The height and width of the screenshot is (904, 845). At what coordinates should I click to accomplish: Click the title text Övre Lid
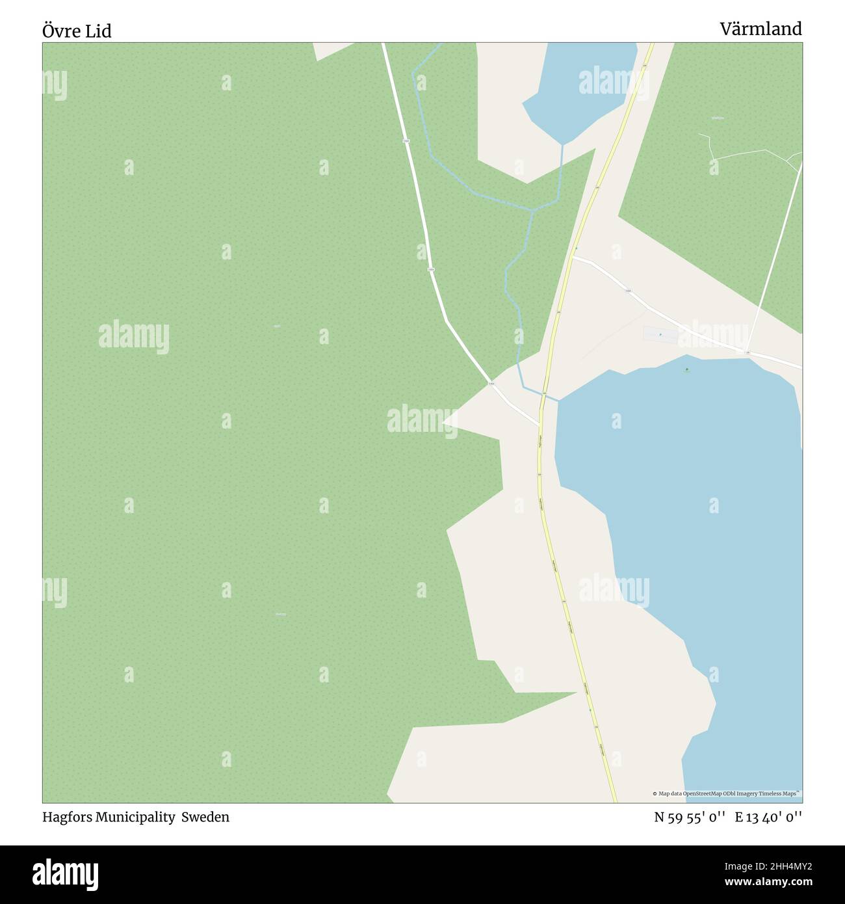[77, 31]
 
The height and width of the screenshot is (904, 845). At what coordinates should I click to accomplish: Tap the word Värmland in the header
[760, 29]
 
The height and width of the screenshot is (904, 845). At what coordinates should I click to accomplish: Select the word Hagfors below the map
[67, 817]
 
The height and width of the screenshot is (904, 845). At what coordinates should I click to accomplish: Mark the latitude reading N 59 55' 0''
[689, 818]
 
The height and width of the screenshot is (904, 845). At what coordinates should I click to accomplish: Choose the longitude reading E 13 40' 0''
[768, 818]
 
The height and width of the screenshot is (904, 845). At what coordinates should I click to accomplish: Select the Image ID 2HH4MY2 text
[779, 866]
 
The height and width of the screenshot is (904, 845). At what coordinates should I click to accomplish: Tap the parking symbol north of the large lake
[660, 334]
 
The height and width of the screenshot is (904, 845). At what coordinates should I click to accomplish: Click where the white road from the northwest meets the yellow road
[539, 425]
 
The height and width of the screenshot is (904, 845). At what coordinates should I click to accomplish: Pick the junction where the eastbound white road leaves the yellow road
[573, 258]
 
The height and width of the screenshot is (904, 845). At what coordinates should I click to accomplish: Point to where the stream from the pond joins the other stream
[533, 210]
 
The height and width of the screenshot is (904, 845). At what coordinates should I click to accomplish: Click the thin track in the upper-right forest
[747, 154]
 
